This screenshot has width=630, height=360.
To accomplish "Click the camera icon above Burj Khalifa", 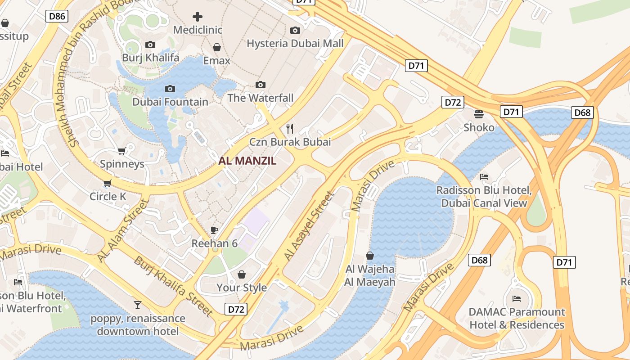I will click(150, 45).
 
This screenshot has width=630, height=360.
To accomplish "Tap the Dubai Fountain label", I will click(170, 102).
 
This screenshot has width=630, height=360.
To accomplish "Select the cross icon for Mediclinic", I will click(198, 17).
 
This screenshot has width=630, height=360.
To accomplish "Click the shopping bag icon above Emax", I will click(217, 47).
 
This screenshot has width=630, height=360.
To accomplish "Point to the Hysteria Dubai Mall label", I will click(295, 43).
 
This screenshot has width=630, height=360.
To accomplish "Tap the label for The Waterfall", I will click(260, 98).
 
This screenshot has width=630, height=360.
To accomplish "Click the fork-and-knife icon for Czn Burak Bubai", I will click(290, 129).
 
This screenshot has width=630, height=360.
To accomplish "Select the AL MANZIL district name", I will click(247, 161).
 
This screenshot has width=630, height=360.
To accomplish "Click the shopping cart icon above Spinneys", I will click(121, 151).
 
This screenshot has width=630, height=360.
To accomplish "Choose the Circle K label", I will click(108, 196).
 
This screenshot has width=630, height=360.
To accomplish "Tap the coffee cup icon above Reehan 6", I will click(214, 230).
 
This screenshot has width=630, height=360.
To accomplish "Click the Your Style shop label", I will click(242, 287).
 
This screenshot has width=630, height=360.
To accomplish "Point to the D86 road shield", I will click(57, 17).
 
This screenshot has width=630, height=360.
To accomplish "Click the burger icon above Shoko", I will click(479, 114).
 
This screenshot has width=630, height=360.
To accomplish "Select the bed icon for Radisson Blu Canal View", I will click(484, 176).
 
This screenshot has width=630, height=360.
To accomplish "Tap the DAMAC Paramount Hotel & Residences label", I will click(517, 318).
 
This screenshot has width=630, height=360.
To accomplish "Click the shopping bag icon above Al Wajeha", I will click(370, 256).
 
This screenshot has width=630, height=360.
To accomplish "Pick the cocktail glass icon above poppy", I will click(138, 305).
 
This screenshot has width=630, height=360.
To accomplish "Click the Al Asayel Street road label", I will click(309, 226).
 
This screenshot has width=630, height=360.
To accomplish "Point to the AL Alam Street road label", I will click(123, 230).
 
